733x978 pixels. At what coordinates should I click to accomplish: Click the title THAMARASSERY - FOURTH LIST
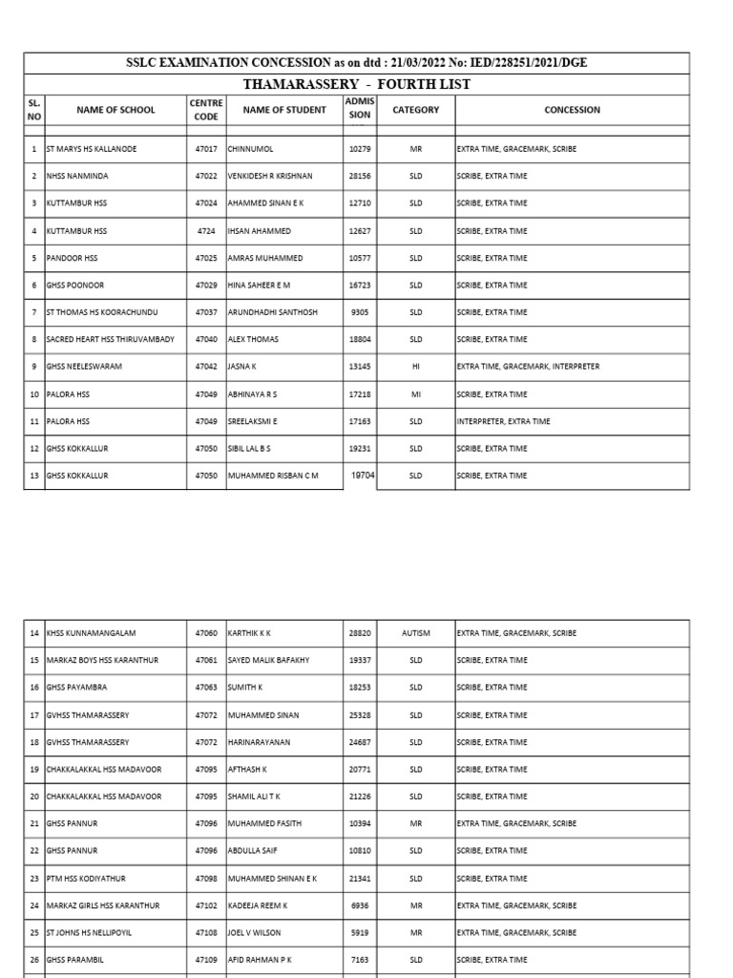tap(356, 84)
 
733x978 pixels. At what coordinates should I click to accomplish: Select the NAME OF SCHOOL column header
tap(115, 110)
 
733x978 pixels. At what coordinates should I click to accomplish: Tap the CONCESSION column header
tap(572, 110)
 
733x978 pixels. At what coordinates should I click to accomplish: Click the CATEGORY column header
tap(416, 110)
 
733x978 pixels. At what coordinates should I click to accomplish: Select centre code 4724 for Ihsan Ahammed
tap(207, 231)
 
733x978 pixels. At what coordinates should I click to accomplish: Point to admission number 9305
tap(360, 312)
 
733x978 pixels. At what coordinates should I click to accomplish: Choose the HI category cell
tap(415, 367)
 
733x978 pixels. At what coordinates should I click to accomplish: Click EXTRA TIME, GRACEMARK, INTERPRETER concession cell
tap(528, 367)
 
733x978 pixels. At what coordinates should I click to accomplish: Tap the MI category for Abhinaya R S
tap(415, 394)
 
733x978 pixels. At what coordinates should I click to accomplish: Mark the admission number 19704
tap(360, 475)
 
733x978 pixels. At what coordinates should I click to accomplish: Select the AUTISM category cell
tap(416, 633)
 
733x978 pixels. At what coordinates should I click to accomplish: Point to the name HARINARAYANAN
tap(261, 742)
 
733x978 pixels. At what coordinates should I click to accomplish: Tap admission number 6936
tap(360, 905)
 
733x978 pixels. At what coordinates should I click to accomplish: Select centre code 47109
tap(207, 959)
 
